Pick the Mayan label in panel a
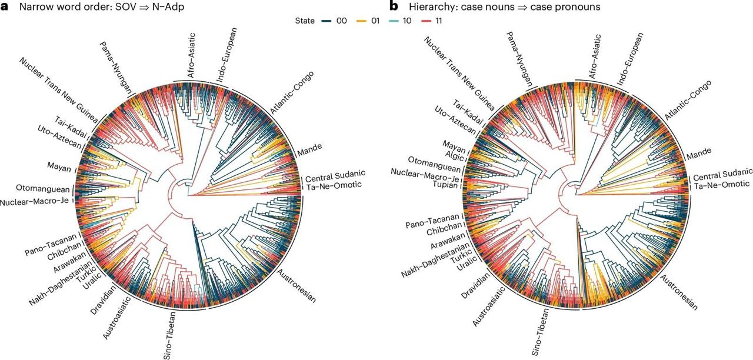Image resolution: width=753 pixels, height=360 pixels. pos(60,166)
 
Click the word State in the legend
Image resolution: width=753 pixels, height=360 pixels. pos(306,21)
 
